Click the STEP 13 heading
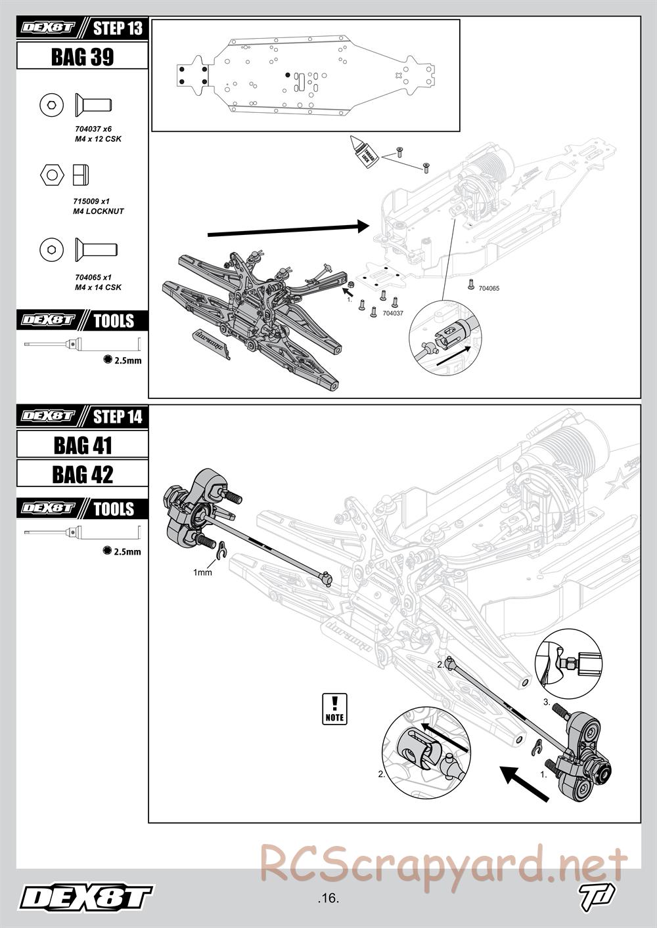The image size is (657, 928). [x=117, y=28]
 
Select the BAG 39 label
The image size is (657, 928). [x=82, y=57]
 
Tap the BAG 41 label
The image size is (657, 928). [x=82, y=446]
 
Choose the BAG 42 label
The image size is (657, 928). [x=82, y=474]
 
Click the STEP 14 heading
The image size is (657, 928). [x=117, y=417]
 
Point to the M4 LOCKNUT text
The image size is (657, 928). [x=99, y=211]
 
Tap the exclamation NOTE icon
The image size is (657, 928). [x=335, y=709]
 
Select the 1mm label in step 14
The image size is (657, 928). [x=202, y=572]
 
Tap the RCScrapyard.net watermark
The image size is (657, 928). [x=443, y=864]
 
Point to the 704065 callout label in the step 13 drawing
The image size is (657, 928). [x=489, y=288]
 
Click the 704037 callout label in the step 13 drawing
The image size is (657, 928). [x=392, y=314]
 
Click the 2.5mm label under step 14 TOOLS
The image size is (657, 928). [x=127, y=552]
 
